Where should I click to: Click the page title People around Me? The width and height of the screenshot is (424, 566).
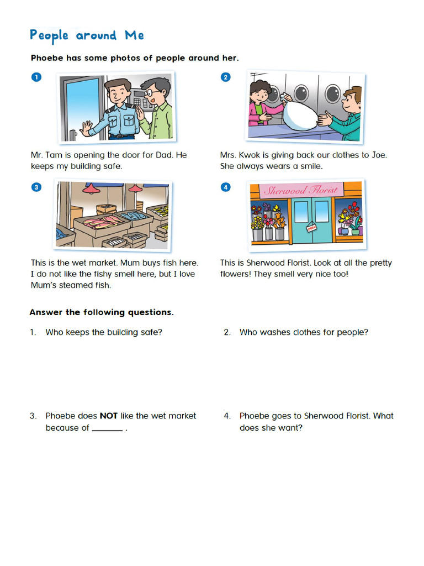click(x=87, y=36)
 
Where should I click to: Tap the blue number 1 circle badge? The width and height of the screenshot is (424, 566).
click(x=36, y=78)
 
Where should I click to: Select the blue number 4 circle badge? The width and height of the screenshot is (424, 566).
click(x=225, y=187)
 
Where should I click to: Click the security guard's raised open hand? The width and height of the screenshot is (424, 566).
click(x=86, y=128)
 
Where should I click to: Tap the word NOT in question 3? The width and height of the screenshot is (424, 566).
click(x=108, y=416)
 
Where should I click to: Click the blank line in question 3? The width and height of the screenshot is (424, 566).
click(x=107, y=429)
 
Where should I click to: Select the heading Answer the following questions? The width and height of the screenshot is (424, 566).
click(x=102, y=312)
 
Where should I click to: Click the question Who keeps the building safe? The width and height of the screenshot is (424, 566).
click(x=104, y=332)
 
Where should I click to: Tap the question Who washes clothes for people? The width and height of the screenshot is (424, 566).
click(x=304, y=332)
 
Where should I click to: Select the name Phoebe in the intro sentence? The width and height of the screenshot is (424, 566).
click(x=48, y=58)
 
